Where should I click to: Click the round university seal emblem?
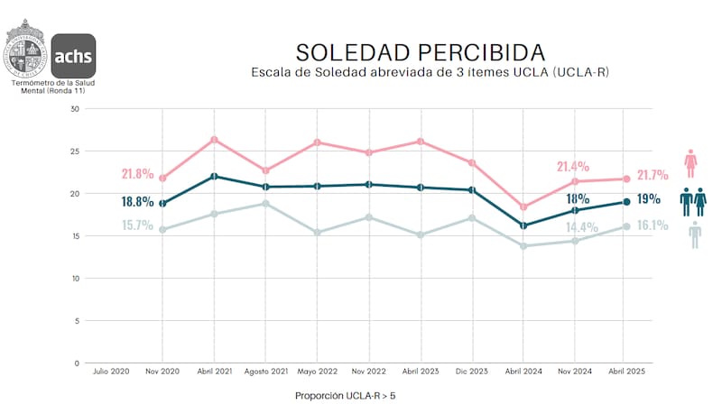(x=26, y=51)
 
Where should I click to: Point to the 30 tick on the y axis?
(x=75, y=109)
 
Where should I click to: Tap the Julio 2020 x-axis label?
(x=111, y=371)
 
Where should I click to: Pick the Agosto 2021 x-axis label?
(x=265, y=371)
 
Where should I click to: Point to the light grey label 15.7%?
(x=137, y=225)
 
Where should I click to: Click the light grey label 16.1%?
(x=652, y=225)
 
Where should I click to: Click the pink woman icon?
(x=691, y=163)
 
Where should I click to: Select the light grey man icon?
(x=694, y=234)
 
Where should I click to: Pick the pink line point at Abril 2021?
(x=214, y=140)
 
